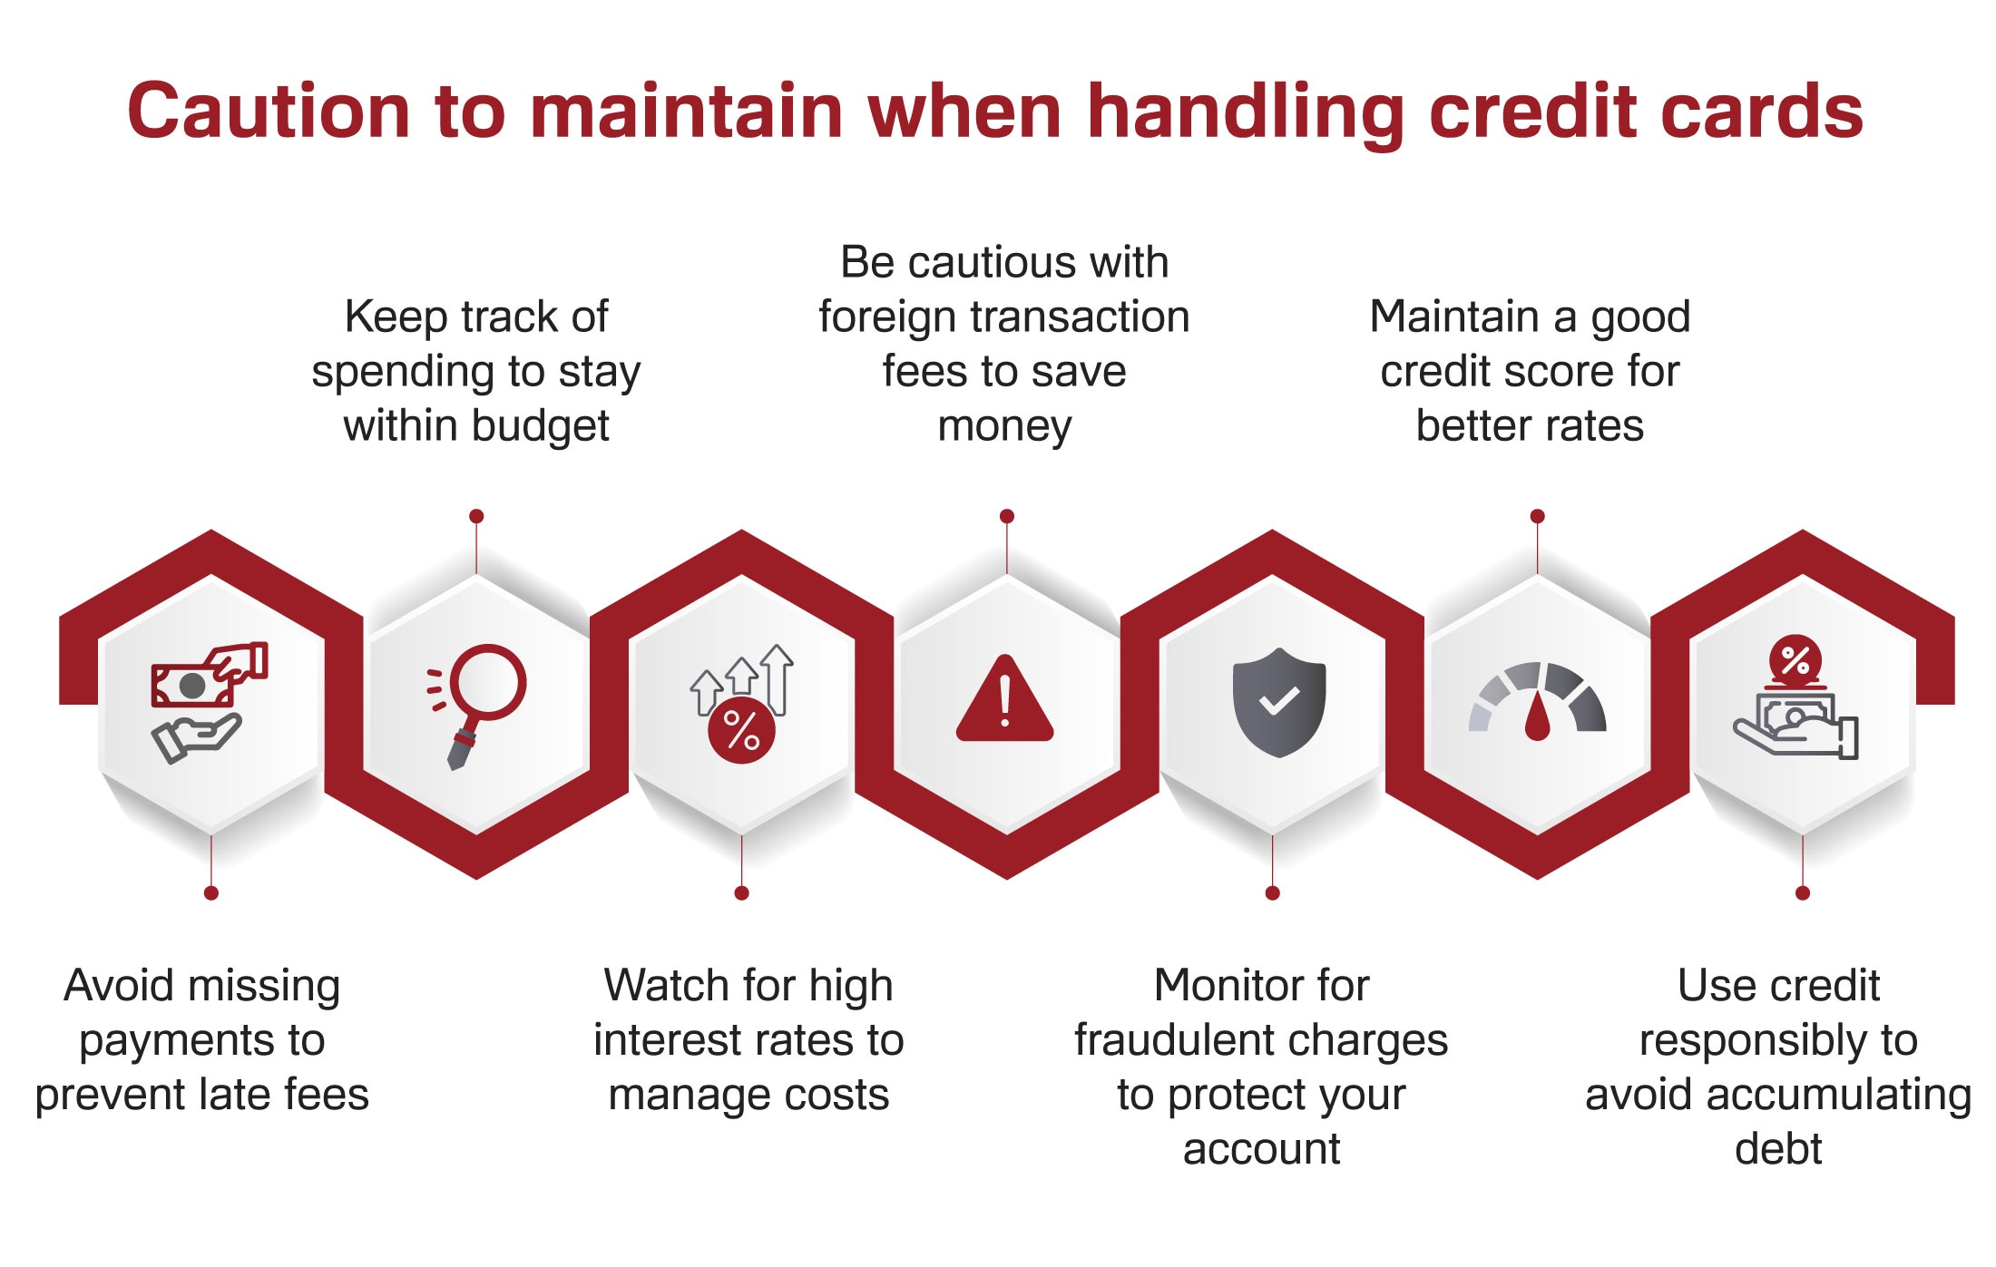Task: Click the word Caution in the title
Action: tap(269, 111)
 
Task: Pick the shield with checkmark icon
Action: tap(1278, 701)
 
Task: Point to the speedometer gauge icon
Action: tap(1537, 701)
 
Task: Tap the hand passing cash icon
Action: tap(208, 700)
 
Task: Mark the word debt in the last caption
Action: tap(1777, 1148)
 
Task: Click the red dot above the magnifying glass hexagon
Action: tap(476, 516)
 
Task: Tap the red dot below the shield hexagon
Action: tap(1272, 893)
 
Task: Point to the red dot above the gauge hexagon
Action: tap(1537, 516)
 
